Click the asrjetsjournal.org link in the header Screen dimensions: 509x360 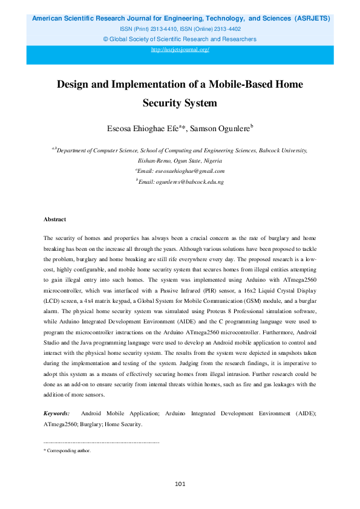pos(180,49)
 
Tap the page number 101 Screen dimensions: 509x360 pos(180,484)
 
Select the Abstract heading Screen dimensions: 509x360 pos(55,219)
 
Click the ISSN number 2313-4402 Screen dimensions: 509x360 pos(224,29)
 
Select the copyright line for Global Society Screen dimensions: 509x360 pos(180,39)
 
